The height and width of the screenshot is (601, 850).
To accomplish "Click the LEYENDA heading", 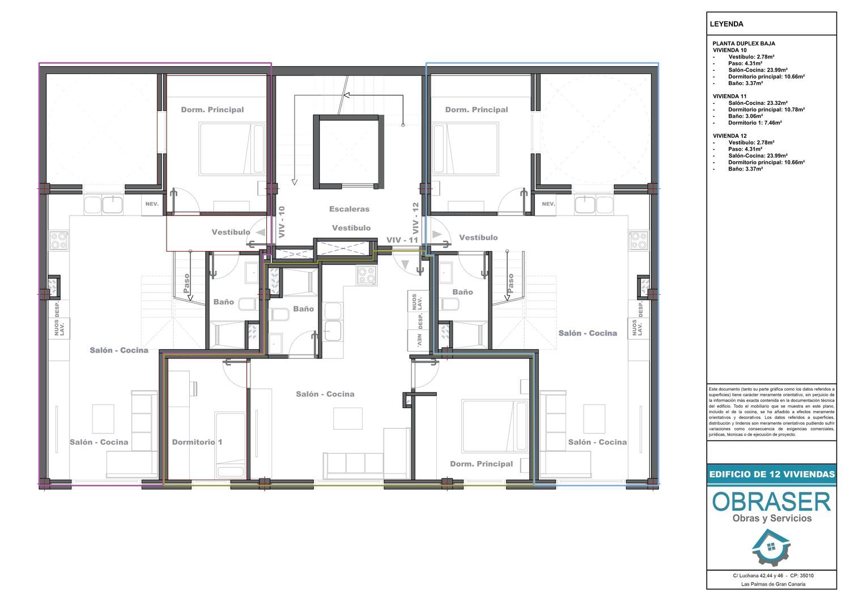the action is [x=726, y=24].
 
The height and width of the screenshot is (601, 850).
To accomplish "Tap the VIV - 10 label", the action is [x=282, y=222].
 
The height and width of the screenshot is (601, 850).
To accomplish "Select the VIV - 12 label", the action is [x=415, y=218].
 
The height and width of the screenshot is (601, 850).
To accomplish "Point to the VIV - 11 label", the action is [x=402, y=240].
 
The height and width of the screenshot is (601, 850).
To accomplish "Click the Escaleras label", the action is [x=349, y=209].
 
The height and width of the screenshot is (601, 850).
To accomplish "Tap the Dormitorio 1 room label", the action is [x=197, y=442].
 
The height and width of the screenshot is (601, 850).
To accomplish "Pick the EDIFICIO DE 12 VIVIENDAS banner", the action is [x=772, y=474].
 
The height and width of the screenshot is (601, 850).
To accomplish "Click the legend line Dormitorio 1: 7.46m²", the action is [x=755, y=122].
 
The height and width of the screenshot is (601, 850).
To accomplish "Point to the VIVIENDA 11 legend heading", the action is [x=729, y=96].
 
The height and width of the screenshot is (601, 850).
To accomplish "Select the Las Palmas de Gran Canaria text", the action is [x=773, y=585].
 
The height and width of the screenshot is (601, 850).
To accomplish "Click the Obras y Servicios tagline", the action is [x=772, y=519].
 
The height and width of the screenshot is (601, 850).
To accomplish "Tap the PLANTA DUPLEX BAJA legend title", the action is [x=743, y=44].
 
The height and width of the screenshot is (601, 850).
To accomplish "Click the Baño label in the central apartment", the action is [x=303, y=309].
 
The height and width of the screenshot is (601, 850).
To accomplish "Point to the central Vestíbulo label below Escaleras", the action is [x=351, y=228].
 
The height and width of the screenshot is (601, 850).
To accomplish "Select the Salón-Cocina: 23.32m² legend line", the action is [x=758, y=103].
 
